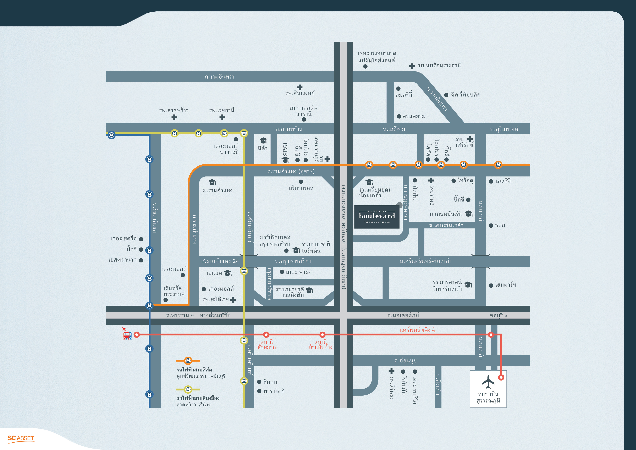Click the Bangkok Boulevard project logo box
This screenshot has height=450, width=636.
(377, 217)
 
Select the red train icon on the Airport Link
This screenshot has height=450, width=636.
(127, 335)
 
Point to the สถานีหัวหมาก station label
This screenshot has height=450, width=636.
(267, 344)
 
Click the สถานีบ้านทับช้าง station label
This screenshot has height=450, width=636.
(321, 344)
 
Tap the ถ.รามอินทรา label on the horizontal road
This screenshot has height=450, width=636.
(219, 77)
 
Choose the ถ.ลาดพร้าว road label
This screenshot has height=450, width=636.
(288, 129)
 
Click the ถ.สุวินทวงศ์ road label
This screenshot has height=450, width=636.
(504, 129)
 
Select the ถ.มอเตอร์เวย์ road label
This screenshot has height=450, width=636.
(403, 315)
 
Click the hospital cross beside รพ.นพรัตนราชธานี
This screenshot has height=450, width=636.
(412, 66)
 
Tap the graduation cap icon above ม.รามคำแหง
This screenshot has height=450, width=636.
(212, 182)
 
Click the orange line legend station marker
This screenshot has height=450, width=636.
(188, 361)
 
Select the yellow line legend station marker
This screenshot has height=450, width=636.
(188, 389)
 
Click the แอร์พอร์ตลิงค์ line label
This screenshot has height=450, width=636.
(417, 330)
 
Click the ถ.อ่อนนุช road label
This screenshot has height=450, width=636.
(405, 361)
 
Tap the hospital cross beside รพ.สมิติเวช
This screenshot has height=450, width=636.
(233, 299)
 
